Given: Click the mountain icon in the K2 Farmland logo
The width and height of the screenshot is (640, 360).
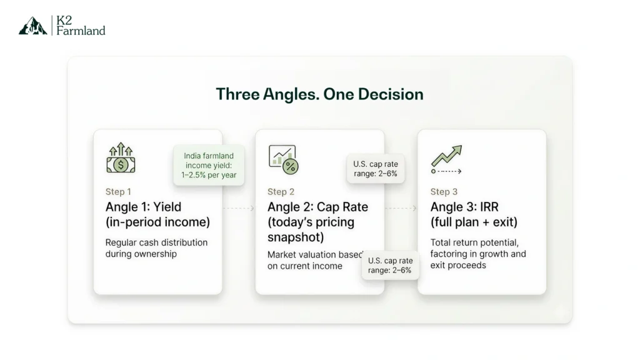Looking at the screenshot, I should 32,26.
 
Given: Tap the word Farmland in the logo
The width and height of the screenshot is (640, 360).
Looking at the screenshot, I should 81,31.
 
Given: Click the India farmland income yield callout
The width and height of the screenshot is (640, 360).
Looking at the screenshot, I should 209,165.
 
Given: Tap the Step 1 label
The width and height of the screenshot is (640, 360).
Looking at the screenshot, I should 118,192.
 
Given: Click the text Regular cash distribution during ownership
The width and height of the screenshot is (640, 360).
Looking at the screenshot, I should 156,248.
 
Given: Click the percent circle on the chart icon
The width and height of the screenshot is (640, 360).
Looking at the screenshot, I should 291,166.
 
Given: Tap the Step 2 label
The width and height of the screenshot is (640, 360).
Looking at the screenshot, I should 281,192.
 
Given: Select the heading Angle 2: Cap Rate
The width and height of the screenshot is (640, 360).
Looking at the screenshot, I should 317,207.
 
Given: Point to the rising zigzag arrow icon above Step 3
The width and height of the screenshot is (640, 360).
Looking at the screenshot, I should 446,156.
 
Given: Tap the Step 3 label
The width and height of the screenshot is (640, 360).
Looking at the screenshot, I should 444,192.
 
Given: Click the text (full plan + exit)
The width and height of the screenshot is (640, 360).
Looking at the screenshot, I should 474,222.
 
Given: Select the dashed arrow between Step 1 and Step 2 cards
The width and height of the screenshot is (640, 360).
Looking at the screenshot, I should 238,207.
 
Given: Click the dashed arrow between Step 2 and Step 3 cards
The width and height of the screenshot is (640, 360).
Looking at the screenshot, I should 401,207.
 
